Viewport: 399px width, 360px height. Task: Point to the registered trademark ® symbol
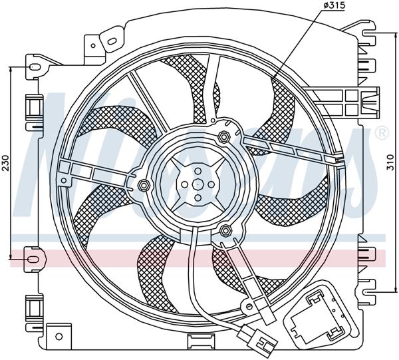[382, 133]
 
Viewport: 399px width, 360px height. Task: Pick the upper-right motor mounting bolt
[225, 137]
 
